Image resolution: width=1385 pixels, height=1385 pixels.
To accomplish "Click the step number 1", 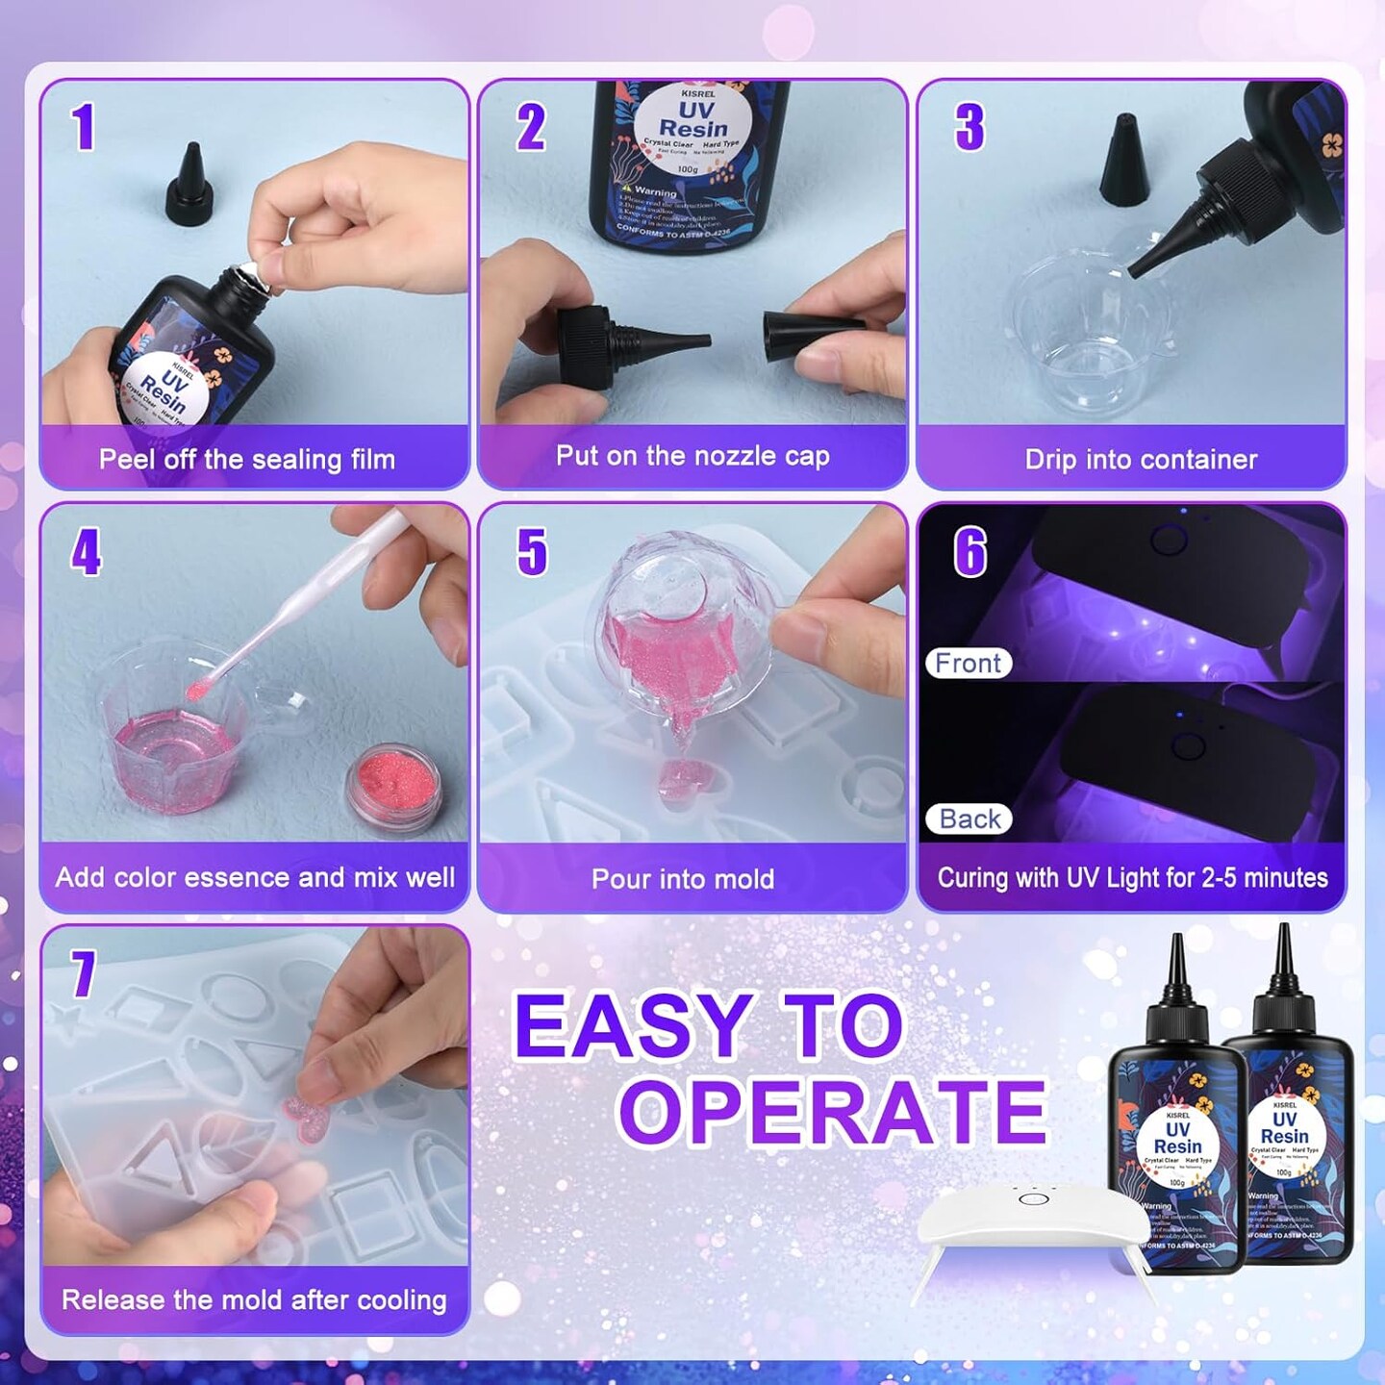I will click(x=85, y=128).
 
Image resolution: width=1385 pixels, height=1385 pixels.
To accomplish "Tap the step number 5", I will click(x=532, y=552).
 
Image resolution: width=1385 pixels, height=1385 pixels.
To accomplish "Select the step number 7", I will click(x=84, y=973).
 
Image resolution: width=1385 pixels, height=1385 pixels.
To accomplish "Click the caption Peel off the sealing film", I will click(x=247, y=459).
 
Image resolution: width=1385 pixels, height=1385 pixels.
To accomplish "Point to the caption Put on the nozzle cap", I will click(x=692, y=456).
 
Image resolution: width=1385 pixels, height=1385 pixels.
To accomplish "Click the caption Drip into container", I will click(x=1141, y=459).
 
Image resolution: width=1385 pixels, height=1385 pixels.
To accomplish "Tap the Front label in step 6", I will click(x=968, y=663).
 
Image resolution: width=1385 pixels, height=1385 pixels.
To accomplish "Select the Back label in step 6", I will click(x=969, y=818).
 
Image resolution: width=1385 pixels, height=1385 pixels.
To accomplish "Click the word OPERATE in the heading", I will click(x=833, y=1112).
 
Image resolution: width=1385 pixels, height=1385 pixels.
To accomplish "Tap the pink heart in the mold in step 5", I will click(x=681, y=777).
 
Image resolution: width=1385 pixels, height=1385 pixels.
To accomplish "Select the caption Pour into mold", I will click(x=682, y=878).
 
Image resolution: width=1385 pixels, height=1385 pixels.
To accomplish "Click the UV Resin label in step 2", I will click(x=692, y=119).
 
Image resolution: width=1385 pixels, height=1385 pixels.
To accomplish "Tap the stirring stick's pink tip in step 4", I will click(x=199, y=690).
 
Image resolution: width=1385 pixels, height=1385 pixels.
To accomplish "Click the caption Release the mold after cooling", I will click(x=254, y=1299).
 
